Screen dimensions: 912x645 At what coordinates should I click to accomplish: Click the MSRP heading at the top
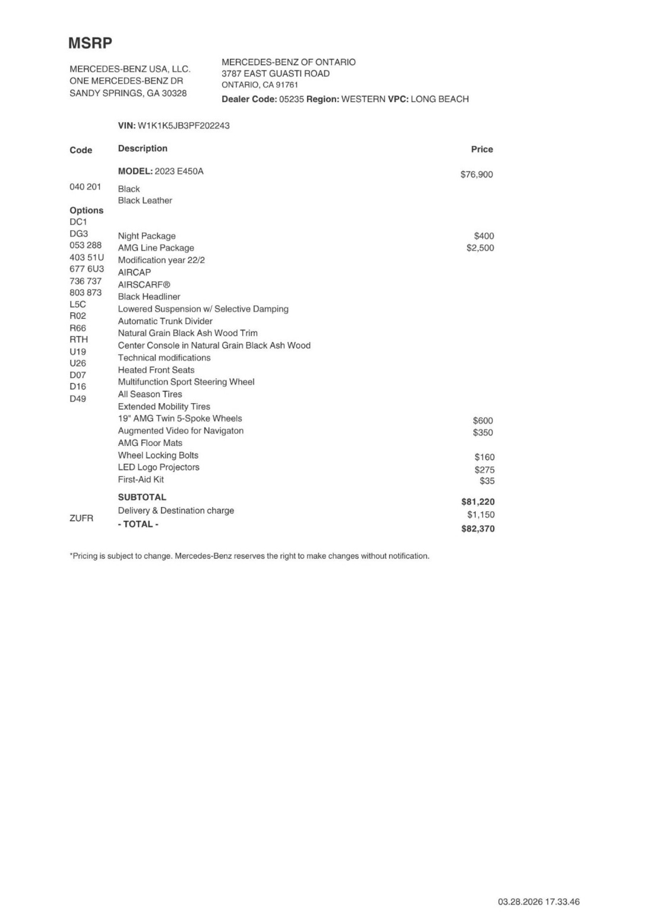(x=90, y=43)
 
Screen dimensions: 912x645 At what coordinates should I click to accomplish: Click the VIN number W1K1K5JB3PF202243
(x=183, y=125)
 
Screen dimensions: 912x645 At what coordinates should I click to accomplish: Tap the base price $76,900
(x=476, y=175)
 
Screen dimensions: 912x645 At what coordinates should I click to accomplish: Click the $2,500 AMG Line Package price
(x=480, y=248)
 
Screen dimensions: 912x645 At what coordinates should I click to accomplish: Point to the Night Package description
(x=147, y=236)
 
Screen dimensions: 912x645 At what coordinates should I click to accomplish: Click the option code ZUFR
(x=81, y=518)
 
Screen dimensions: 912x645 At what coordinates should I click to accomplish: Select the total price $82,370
(x=478, y=529)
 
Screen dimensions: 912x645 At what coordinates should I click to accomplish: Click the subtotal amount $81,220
(x=478, y=502)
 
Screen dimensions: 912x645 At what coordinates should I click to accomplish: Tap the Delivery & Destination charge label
(x=176, y=510)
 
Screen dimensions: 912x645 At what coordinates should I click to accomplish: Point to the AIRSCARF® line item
(x=144, y=285)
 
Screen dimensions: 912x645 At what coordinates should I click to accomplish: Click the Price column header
(x=482, y=150)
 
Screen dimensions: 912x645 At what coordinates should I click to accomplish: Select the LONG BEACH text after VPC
(x=439, y=99)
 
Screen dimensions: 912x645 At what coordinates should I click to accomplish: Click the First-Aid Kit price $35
(x=487, y=481)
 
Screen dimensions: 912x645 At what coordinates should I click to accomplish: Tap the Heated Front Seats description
(x=156, y=370)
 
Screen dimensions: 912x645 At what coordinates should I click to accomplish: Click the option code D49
(x=77, y=399)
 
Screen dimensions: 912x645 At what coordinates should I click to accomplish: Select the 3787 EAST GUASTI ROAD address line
(x=275, y=73)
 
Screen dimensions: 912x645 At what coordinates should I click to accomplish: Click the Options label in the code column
(x=86, y=210)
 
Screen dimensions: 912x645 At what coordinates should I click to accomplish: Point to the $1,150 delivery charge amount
(x=481, y=515)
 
